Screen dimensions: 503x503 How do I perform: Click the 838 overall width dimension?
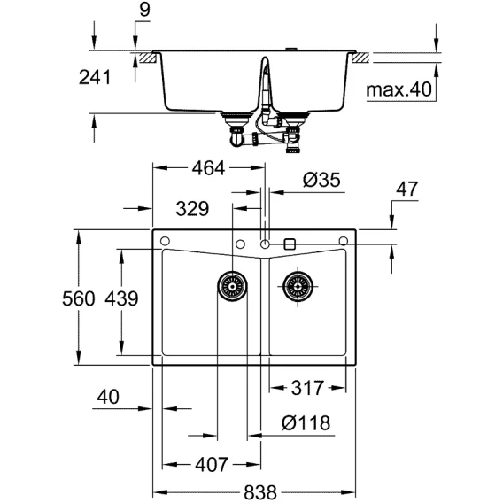coord(259,491)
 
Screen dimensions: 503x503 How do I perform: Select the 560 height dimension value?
coord(78,298)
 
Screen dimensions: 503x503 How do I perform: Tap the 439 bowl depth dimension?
coord(121,298)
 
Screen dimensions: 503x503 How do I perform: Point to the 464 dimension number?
coord(208,168)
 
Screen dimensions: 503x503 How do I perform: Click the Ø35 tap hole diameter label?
coord(321,180)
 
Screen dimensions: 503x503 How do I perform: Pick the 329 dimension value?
coord(192,209)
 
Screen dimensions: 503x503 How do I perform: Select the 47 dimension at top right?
coord(407,189)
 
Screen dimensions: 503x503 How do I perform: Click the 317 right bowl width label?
coord(307,388)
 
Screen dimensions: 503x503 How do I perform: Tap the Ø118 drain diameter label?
coord(306,423)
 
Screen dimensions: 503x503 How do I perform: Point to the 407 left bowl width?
coord(212,465)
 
